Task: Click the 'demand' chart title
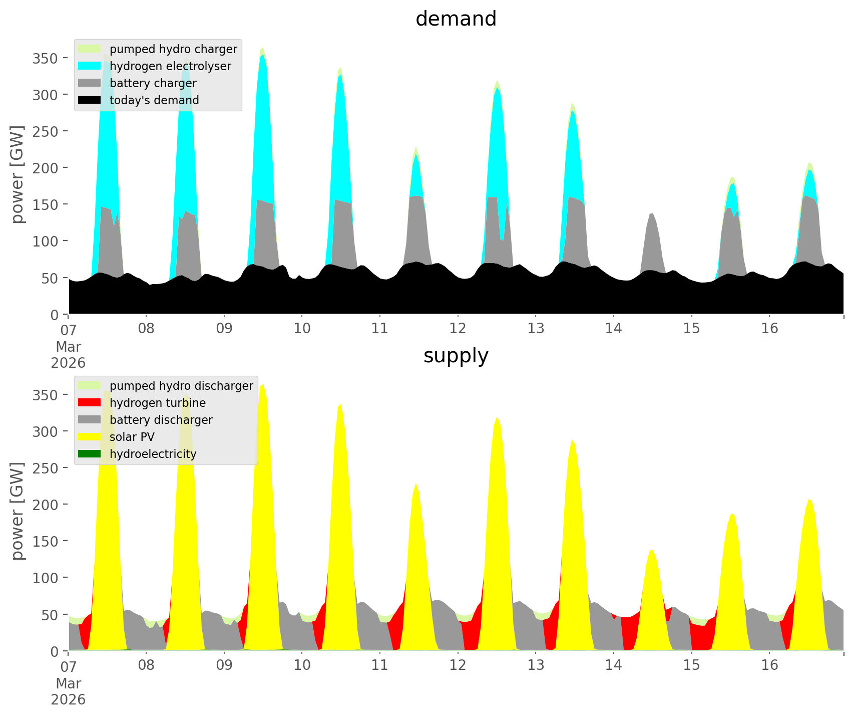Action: [x=456, y=19]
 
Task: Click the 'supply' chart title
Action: [x=456, y=356]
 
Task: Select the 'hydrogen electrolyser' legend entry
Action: [x=170, y=66]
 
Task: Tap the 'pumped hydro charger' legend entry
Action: [x=173, y=49]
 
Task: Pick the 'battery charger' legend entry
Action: [x=153, y=83]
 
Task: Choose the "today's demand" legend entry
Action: [x=154, y=100]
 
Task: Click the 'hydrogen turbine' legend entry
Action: [x=157, y=403]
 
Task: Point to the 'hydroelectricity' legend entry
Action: [x=153, y=454]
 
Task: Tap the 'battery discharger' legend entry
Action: [x=161, y=420]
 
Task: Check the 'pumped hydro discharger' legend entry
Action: [x=181, y=386]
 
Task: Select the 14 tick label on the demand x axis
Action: [x=613, y=329]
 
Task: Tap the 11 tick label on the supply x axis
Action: [x=380, y=665]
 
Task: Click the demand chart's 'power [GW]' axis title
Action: [x=18, y=174]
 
